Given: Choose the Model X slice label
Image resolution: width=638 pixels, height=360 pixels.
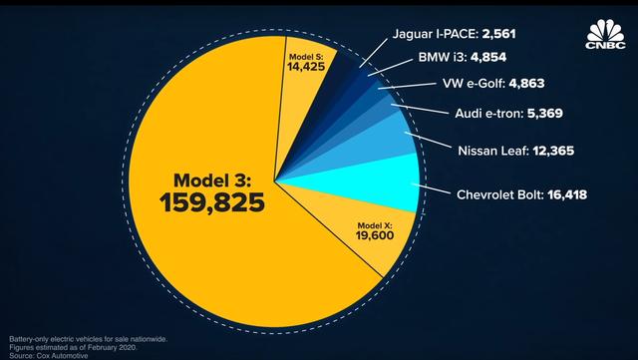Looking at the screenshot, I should click(375, 226).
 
